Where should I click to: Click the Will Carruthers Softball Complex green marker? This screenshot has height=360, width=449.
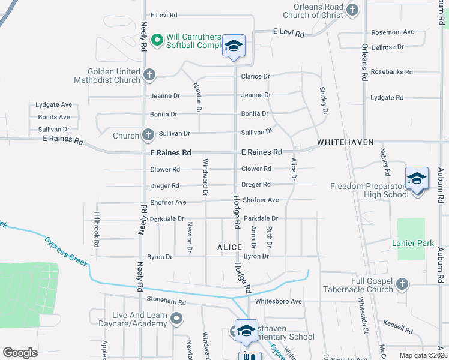[157, 40]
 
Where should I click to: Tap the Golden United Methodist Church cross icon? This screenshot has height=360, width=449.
[149, 75]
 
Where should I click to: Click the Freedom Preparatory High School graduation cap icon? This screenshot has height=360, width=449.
[417, 179]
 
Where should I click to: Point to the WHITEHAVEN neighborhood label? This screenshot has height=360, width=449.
[345, 142]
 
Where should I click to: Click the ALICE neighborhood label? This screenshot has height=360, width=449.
[229, 247]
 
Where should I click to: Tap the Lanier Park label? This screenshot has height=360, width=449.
[412, 243]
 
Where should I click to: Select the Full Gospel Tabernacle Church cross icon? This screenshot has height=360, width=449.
[402, 283]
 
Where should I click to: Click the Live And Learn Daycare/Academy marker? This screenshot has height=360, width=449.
[176, 319]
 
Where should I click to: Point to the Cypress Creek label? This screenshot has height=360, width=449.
[66, 250]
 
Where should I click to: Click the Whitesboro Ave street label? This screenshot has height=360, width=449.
[278, 301]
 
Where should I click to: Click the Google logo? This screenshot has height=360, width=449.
[20, 353]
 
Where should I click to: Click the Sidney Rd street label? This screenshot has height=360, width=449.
[387, 162]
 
